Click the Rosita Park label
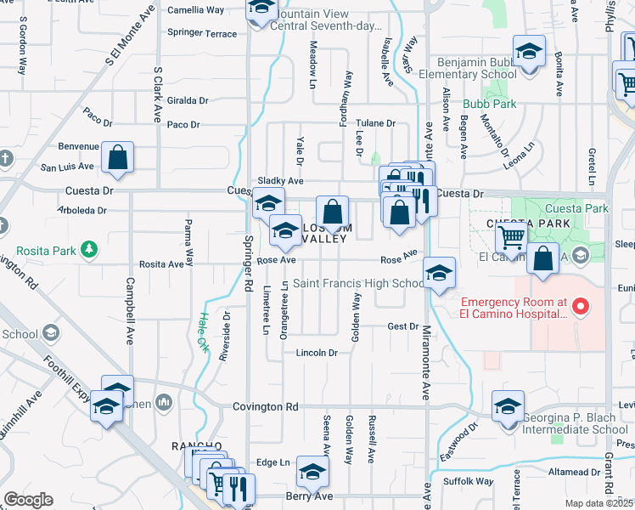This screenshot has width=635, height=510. coord(43,250)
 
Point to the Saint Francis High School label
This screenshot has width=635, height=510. coord(358,283)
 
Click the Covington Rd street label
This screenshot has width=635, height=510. coord(265,407)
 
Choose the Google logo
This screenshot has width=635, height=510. coord(28,500)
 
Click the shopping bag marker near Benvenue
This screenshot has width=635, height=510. coord(117,157)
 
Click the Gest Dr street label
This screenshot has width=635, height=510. coord(402,326)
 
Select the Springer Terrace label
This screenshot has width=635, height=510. coord(202,33)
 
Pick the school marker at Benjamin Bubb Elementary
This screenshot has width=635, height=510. coord(529,52)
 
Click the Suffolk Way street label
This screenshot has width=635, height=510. coord(473,481)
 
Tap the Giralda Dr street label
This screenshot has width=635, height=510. coord(188,99)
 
